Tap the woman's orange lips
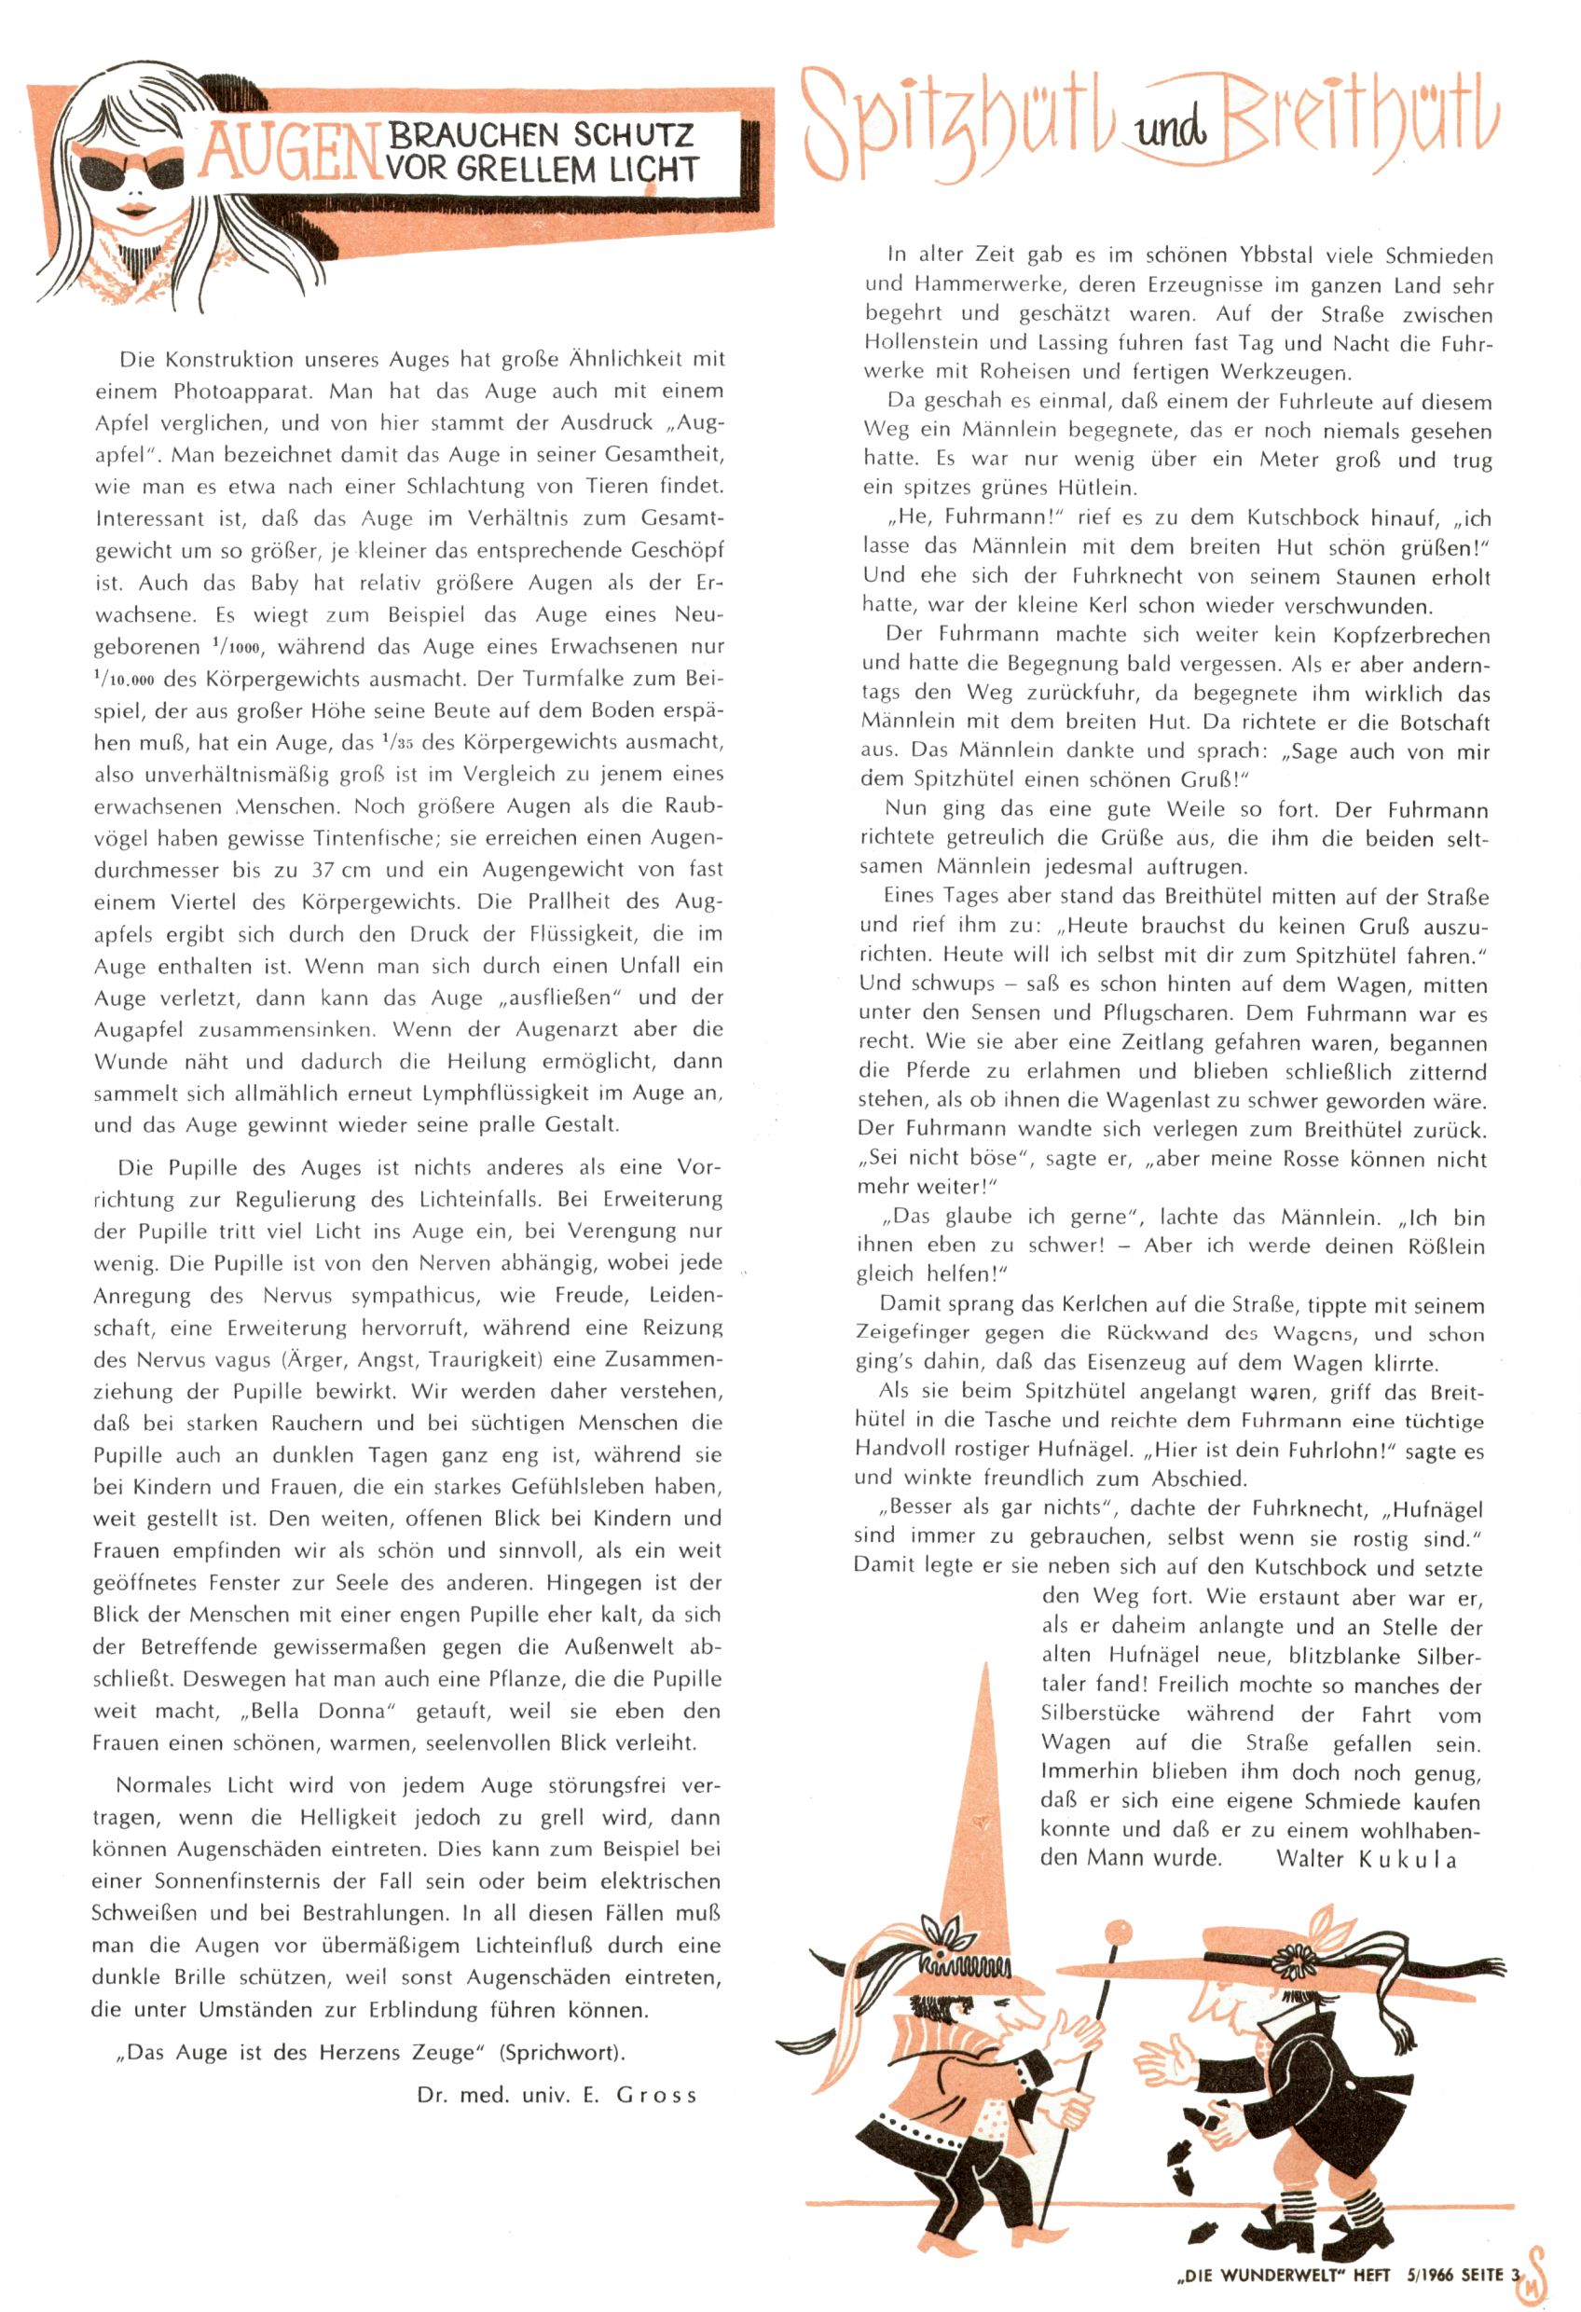click(136, 211)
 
